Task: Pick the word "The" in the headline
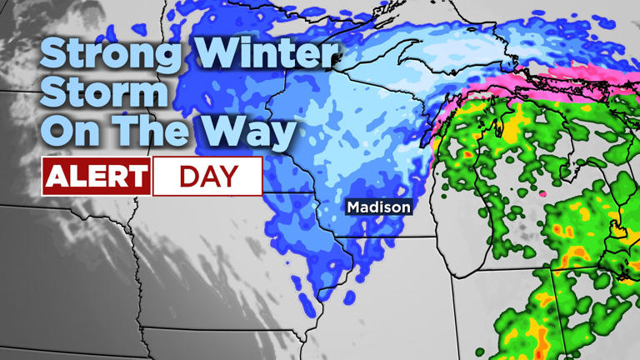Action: (157, 131)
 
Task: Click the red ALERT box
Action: (97, 177)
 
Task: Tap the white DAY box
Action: (207, 177)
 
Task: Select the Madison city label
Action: (378, 207)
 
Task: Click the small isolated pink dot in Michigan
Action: (543, 193)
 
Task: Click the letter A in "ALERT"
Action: (57, 177)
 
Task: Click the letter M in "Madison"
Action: (353, 207)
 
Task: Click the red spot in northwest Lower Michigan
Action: (467, 155)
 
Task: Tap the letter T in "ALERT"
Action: (137, 177)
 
